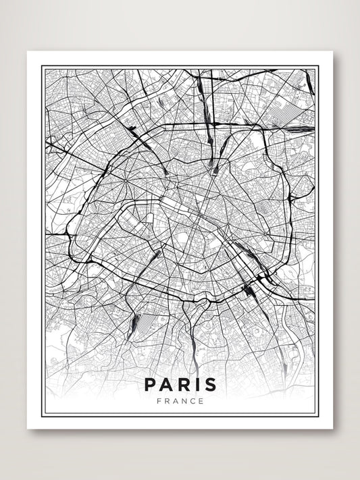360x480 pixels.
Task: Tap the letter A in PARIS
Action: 166,385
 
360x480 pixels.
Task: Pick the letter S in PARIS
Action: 210,385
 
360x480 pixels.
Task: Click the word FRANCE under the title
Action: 180,401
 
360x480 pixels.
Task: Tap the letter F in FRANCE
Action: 158,401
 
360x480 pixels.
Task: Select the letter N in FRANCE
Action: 184,401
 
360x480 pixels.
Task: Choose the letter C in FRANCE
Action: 192,401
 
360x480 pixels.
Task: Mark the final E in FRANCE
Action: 201,401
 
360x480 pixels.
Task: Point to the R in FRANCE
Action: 166,401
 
